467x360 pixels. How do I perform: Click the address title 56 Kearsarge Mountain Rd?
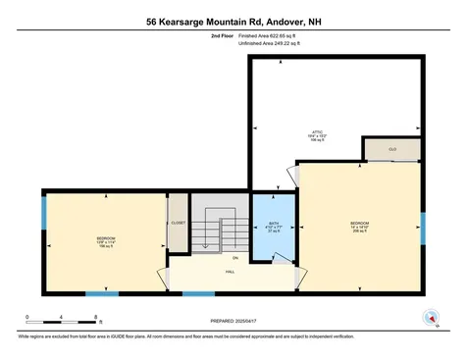pyautogui.click(x=233, y=21)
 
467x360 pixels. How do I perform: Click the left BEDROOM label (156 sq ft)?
pyautogui.click(x=106, y=241)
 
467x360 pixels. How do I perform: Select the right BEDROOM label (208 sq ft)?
pyautogui.click(x=359, y=227)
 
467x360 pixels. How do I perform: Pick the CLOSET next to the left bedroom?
pyautogui.click(x=178, y=224)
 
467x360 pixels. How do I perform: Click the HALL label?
pyautogui.click(x=229, y=272)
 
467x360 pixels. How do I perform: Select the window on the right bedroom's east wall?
pyautogui.click(x=423, y=228)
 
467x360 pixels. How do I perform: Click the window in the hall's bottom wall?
pyautogui.click(x=199, y=293)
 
